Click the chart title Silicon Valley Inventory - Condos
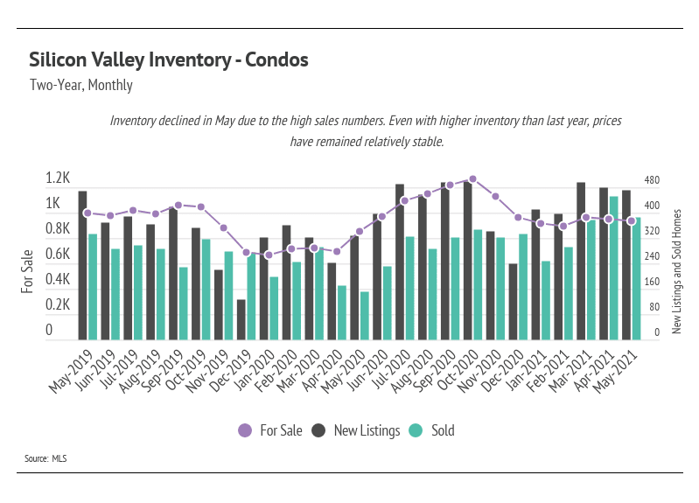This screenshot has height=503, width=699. pos(169,60)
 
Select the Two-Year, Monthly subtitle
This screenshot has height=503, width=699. pos(81,86)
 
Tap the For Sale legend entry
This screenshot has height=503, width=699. pos(269,430)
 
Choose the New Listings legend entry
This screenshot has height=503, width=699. pos(357,430)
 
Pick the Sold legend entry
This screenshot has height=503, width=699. pos(432,430)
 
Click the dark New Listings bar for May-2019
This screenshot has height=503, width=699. pos(82,264)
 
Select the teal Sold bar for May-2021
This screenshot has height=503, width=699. pos(636,278)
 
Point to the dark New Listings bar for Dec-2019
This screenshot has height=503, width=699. pos(241,319)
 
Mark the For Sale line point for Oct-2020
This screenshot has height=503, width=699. pos(472,178)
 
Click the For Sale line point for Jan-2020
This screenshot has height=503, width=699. pos(269,255)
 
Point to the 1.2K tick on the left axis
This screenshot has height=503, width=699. pos(58,178)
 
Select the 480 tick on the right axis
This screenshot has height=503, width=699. pos(652,180)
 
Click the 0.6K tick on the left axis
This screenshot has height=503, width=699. pos(58,255)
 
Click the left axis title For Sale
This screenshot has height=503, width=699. pos(28,270)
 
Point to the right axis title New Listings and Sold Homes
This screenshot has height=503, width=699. pos(676,271)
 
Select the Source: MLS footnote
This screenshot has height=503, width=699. pos(45,458)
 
